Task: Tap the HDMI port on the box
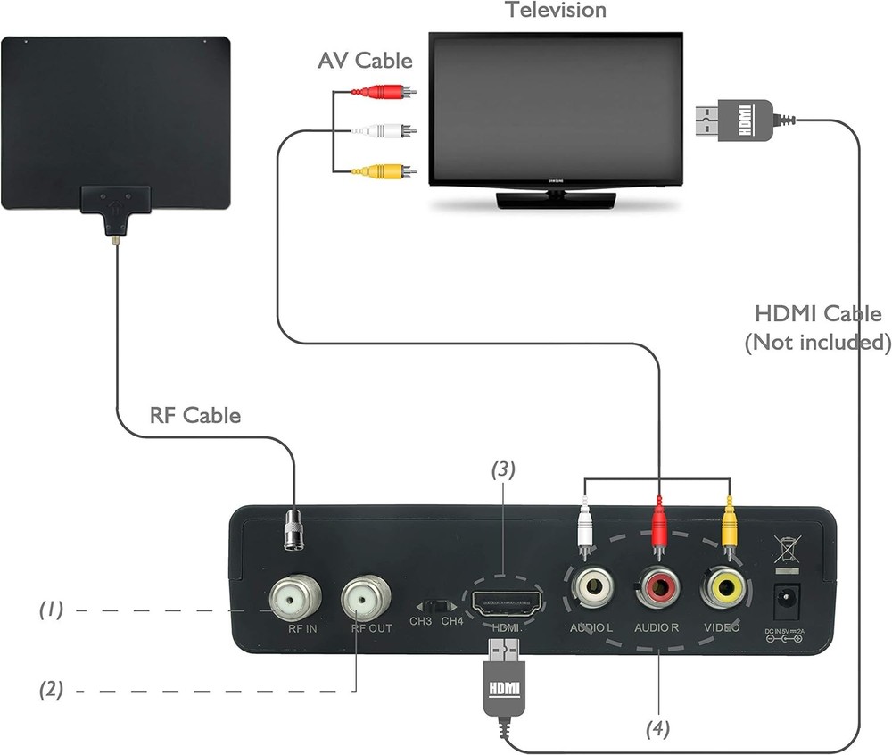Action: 505,605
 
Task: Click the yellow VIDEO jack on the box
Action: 723,588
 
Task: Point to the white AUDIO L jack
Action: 591,588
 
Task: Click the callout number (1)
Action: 51,610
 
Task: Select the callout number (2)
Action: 51,689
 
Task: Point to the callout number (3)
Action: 503,468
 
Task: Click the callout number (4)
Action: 658,728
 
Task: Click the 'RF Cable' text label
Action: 195,415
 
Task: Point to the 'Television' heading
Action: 555,11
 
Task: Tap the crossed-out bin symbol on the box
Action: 785,546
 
